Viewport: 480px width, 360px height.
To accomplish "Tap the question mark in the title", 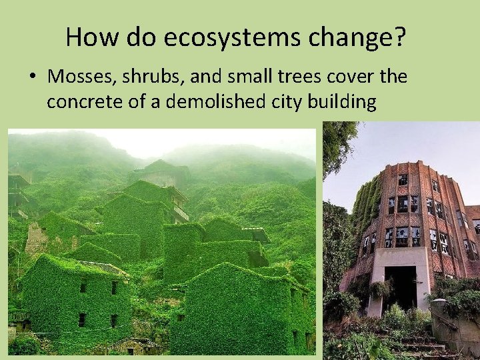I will pos(398,37).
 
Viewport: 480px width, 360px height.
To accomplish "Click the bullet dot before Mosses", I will pos(32,77).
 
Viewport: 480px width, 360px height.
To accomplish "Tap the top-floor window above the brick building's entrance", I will pos(403,180).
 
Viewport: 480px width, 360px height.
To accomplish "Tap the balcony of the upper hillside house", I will pos(180,213).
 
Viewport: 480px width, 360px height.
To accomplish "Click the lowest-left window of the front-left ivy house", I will pos(82,319).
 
